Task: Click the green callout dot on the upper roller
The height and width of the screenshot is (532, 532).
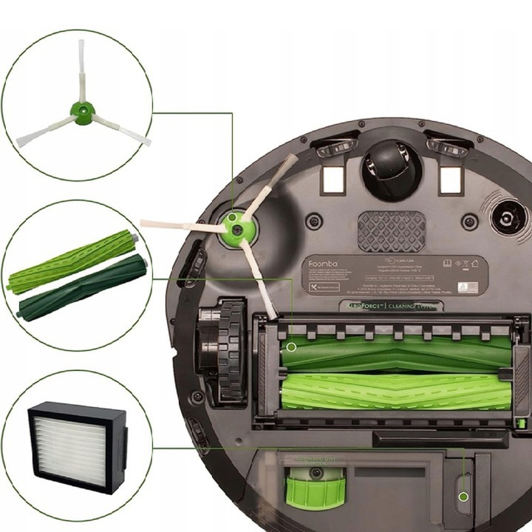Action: point(292,346)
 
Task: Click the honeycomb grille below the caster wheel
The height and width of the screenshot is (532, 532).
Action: point(391,231)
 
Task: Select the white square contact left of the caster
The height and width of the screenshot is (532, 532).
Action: point(335,178)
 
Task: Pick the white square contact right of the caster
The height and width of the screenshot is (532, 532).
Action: point(450,178)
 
